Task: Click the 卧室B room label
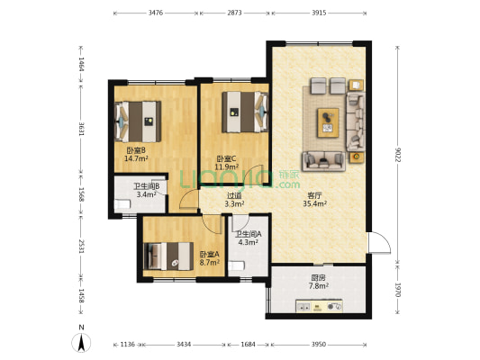point(136,150)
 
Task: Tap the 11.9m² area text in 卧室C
point(227,167)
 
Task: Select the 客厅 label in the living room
point(314,196)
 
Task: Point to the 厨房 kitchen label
point(319,278)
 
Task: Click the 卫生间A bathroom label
point(249,234)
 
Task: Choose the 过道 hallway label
point(234,196)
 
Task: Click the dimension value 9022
point(398,155)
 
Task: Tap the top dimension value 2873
point(234,13)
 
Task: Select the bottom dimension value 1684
point(248,345)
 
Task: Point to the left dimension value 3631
point(81,130)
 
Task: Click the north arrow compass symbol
point(81,342)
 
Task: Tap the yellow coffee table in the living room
point(328,122)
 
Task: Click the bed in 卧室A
point(168,256)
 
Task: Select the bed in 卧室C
point(245,112)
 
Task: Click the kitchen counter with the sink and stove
point(319,306)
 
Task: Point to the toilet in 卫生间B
point(122,204)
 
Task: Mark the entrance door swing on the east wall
point(379,242)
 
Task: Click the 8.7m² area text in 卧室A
point(210,263)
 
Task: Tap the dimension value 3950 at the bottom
point(319,345)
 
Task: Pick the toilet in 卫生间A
point(236,265)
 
